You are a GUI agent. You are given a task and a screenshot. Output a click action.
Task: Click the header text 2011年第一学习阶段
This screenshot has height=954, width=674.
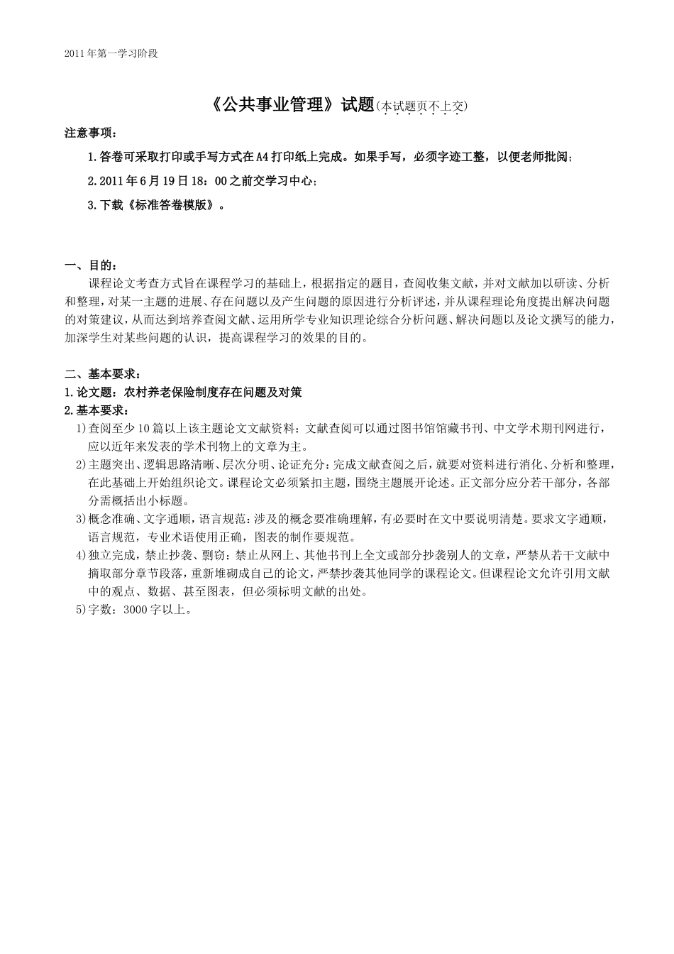pos(110,53)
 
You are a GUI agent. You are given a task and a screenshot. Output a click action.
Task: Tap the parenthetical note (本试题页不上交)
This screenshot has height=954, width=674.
pos(422,106)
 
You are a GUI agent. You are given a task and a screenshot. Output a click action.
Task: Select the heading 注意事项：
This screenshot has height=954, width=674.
pos(91,133)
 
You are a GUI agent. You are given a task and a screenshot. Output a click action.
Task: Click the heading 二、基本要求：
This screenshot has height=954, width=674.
pos(96,374)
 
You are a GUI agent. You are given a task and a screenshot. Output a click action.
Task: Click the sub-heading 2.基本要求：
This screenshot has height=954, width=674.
pos(96,410)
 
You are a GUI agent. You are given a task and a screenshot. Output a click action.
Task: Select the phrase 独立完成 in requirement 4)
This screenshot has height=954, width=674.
pos(111,555)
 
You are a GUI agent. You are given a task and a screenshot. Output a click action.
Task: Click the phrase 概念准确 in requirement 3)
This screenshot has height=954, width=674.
pos(111,519)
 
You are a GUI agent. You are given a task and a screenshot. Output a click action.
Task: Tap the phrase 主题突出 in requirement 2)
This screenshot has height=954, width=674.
pos(111,465)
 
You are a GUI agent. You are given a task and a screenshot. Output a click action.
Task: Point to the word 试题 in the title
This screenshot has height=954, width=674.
pos(357,105)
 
